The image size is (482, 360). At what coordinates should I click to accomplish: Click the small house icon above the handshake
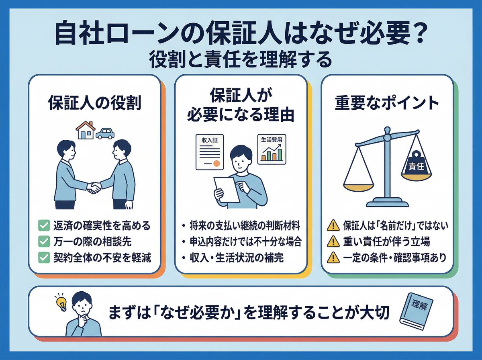point(85,131)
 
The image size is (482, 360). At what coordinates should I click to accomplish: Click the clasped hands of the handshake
point(94,187)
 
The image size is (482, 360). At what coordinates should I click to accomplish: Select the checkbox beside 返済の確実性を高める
point(43,226)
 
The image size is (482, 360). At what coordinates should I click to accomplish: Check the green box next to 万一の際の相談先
point(43,242)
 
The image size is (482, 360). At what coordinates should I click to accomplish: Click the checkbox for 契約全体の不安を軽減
point(43,258)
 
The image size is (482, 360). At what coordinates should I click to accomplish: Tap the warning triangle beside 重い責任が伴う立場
point(333,242)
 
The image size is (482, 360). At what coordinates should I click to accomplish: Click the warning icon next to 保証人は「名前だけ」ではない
point(333,226)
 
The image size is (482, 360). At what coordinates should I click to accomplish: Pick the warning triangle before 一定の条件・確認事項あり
point(333,258)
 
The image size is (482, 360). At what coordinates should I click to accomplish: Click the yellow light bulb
point(62,305)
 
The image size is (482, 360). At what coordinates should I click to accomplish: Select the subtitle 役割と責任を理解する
point(241,60)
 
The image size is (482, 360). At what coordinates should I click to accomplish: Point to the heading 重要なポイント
point(387,103)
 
